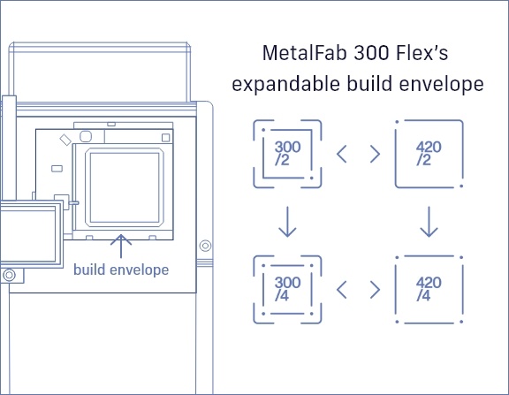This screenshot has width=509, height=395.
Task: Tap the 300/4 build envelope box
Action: coord(287,288)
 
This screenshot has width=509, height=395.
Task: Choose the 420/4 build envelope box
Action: coord(429,288)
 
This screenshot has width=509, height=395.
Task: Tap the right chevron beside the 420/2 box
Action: coord(375,153)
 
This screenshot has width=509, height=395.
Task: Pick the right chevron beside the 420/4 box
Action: coord(375,289)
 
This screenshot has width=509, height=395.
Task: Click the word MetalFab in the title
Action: coord(302,53)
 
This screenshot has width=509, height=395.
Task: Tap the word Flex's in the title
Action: coord(419,53)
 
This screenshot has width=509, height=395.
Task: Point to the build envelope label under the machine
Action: coord(121,270)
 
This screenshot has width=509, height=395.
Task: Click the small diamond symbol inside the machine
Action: coord(64,140)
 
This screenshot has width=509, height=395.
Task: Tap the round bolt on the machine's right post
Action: coord(206,244)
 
